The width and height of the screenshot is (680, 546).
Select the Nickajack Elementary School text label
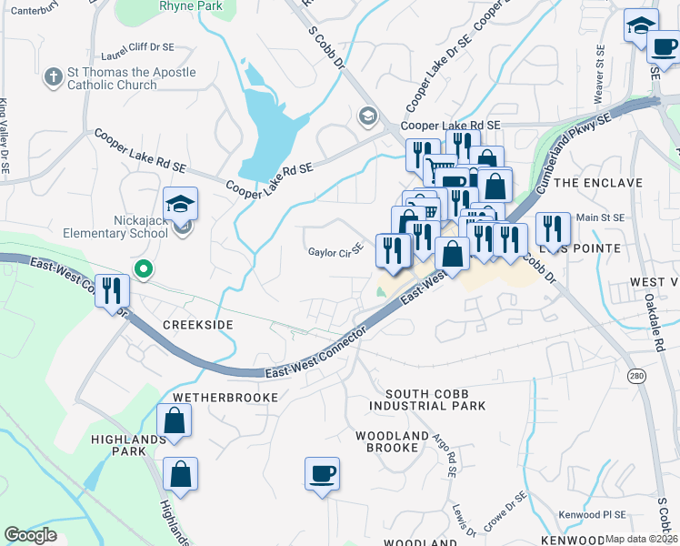115,226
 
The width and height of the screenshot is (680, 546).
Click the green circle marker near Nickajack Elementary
143,268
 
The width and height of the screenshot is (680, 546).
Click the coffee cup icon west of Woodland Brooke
322,473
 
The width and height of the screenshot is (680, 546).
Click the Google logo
31,535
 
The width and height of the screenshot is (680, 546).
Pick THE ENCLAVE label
597,183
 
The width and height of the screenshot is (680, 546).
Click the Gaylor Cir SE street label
335,251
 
